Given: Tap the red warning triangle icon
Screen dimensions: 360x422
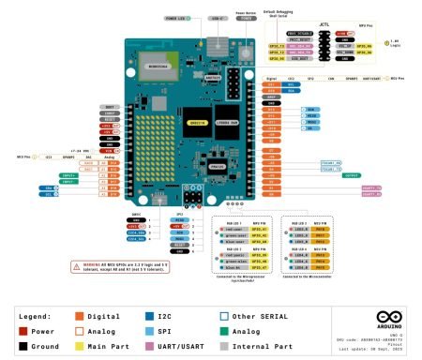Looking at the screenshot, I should point(75,266).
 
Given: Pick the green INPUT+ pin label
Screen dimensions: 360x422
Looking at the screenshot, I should point(68,174).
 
